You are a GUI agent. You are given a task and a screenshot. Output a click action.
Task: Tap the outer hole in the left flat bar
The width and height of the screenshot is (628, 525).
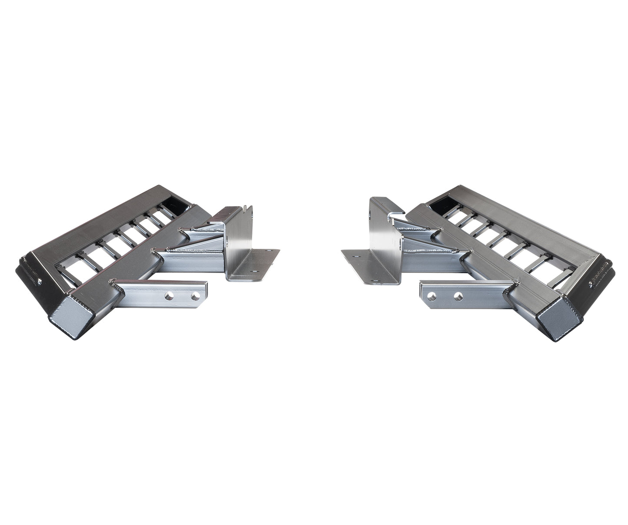197,297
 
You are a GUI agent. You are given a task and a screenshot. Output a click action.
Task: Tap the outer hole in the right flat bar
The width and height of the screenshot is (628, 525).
430,297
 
